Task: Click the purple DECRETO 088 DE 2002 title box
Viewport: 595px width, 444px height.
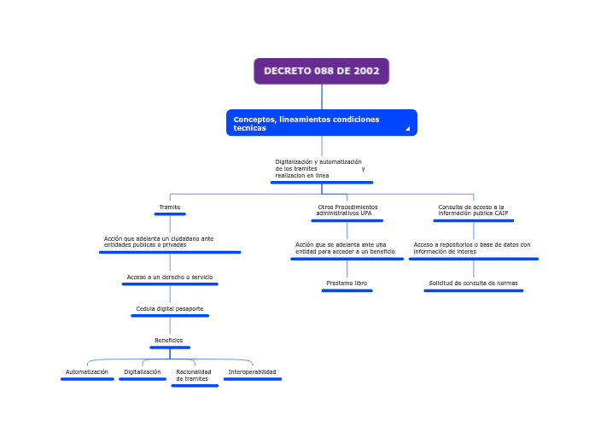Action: (x=321, y=71)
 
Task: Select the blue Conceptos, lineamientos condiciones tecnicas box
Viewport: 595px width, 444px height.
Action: (x=321, y=123)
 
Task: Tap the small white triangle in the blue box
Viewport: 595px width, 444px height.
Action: (x=407, y=129)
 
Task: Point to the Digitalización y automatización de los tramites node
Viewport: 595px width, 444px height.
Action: (x=319, y=168)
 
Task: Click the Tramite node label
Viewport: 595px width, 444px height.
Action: (x=169, y=207)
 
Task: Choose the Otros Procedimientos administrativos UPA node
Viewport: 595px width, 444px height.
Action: (x=347, y=210)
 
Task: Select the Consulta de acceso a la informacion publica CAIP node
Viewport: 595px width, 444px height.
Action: (x=473, y=210)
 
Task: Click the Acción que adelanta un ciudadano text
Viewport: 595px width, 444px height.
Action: (x=159, y=242)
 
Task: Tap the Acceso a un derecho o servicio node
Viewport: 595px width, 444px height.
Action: (x=170, y=277)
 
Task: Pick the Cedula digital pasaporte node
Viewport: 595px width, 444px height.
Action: (x=170, y=309)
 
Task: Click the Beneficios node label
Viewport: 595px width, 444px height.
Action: (x=169, y=341)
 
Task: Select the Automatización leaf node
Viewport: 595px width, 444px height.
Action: (x=87, y=372)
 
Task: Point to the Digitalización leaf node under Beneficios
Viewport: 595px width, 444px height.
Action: (x=143, y=372)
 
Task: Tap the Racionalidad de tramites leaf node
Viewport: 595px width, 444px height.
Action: (x=194, y=376)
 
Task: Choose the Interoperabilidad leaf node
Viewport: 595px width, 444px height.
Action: (x=253, y=372)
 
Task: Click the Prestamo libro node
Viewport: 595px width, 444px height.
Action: (x=347, y=283)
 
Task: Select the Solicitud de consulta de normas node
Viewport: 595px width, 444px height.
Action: (x=473, y=283)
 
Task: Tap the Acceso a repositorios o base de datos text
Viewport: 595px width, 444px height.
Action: (x=472, y=248)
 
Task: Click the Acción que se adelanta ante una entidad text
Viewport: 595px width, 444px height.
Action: (x=345, y=248)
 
